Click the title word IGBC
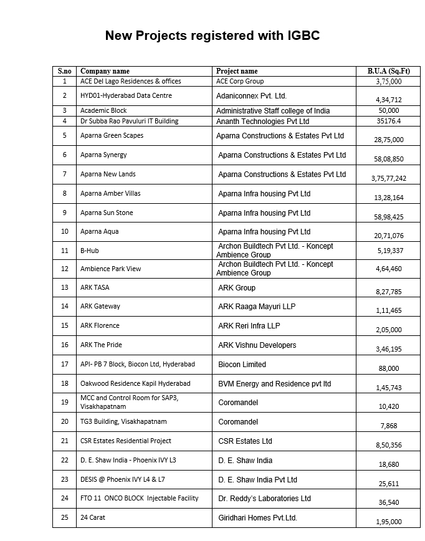(302, 36)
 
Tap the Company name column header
(105, 71)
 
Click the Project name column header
(237, 71)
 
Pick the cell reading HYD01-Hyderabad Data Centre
(126, 95)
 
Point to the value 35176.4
(389, 122)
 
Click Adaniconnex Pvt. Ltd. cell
(251, 96)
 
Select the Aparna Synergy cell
(103, 155)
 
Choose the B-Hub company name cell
(90, 251)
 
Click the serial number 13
(65, 287)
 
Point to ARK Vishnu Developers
(257, 345)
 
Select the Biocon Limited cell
(242, 365)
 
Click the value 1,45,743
(389, 388)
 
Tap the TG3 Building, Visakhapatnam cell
(123, 421)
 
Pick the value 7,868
(389, 426)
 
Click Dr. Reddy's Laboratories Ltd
(264, 499)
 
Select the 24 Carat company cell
(94, 517)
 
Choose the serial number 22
(65, 460)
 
